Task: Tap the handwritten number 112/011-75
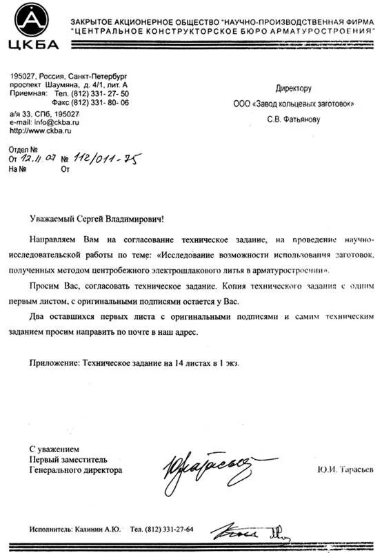click(107, 159)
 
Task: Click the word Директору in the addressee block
click(294, 88)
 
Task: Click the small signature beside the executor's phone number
click(248, 532)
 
